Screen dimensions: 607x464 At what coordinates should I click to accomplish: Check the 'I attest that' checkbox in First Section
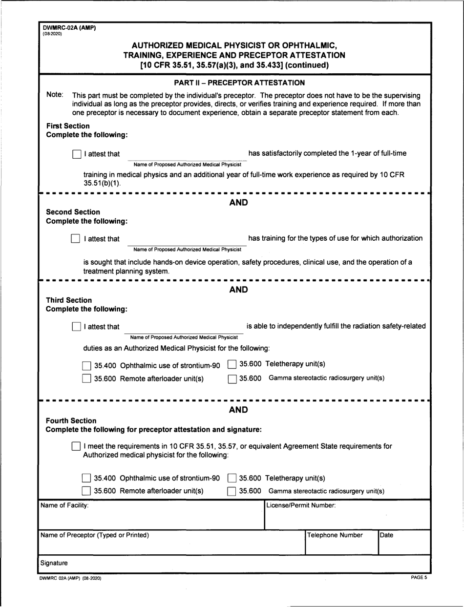pos(76,154)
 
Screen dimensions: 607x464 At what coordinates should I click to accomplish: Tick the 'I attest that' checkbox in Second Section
pos(76,239)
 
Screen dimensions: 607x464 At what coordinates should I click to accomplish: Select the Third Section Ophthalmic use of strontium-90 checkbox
pos(86,365)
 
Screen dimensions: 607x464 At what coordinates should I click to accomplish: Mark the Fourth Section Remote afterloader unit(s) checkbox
pos(86,491)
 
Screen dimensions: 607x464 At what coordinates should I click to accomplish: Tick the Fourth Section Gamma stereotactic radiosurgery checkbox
pos(232,492)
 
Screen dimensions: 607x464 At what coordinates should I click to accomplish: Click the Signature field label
pos(54,563)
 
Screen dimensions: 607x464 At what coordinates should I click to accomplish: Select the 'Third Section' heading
pos(68,299)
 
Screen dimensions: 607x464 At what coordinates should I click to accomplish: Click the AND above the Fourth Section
pos(238,410)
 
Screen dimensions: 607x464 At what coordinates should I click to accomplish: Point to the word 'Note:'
pos(55,94)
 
